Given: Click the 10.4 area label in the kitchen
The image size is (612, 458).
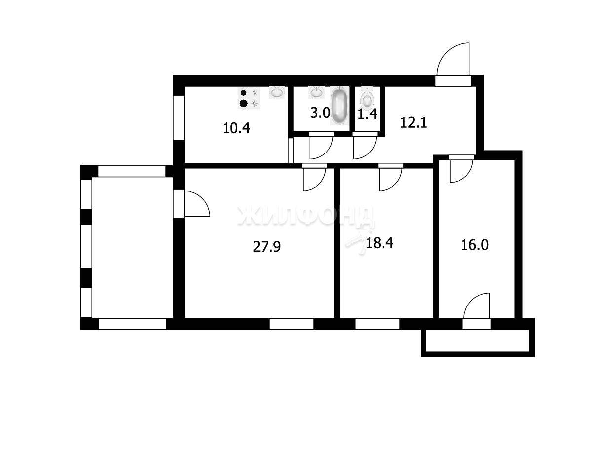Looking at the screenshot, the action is point(236,128).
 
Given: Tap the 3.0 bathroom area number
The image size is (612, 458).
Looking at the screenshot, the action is point(320,113).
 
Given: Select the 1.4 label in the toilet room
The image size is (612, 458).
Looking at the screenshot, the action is point(367,114).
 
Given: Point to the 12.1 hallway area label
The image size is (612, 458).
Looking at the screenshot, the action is point(414,123).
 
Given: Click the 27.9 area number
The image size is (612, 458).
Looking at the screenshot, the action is point(267,247).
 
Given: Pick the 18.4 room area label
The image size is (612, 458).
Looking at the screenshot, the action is point(380,243).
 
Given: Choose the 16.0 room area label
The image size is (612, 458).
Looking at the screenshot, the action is point(474,245).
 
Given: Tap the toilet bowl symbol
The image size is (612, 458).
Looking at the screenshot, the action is point(367,97).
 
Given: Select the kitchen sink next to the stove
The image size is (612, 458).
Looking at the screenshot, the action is point(277,92).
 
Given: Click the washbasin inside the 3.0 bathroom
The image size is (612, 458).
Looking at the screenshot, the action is point(316,92).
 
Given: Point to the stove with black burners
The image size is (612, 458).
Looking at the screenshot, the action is point(249,98).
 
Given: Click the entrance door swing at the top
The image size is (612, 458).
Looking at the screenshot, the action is point(453,59).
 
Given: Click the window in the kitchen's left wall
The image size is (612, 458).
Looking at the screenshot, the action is point(179,117).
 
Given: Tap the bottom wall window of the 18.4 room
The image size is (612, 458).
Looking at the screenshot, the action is point(377,324).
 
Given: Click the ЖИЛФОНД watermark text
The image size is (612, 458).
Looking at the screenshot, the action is point(306,216).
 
